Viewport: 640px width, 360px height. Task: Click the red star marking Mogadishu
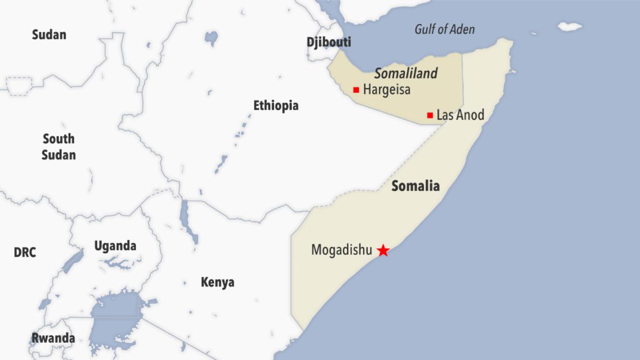click(383, 250)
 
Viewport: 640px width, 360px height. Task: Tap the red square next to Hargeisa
click(356, 90)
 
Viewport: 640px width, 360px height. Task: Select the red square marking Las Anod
click(430, 115)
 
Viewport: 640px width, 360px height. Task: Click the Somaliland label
click(405, 74)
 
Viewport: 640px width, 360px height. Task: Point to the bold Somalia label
click(415, 186)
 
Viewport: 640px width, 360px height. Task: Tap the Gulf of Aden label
click(444, 29)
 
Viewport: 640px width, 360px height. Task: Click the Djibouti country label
click(329, 43)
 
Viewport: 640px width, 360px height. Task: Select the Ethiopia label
click(276, 106)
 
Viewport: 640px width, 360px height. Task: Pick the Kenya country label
click(217, 282)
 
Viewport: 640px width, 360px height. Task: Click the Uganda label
click(115, 246)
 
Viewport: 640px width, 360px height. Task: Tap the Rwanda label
click(53, 338)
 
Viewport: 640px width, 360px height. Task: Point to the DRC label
click(25, 252)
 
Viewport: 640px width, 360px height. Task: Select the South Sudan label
click(59, 147)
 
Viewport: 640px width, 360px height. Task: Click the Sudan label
click(49, 35)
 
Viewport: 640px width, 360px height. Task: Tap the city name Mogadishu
click(341, 250)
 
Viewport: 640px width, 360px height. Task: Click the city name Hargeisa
click(387, 90)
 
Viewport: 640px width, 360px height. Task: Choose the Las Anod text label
click(460, 115)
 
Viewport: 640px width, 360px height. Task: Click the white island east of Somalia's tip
click(570, 26)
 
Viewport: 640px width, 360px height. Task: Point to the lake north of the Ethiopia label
click(211, 38)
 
